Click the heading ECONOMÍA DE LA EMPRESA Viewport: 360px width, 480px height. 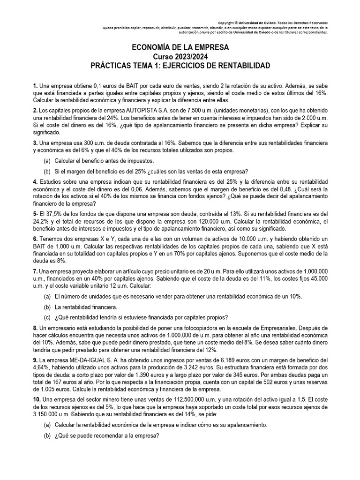click(x=180, y=48)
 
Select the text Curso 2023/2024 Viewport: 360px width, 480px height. click(x=180, y=57)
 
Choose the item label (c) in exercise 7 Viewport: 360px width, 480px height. click(x=47, y=316)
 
